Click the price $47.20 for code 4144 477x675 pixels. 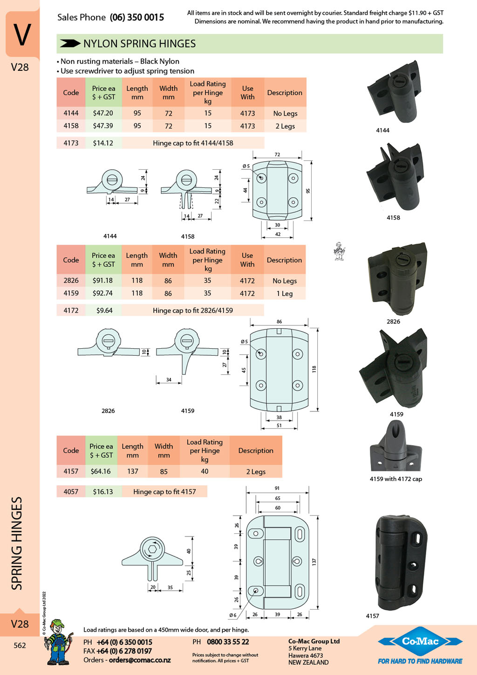pyautogui.click(x=103, y=113)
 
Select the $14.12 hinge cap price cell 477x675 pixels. pyautogui.click(x=103, y=143)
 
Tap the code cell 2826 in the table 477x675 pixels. pyautogui.click(x=71, y=280)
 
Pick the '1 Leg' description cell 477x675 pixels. pyautogui.click(x=285, y=293)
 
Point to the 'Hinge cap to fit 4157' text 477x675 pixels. pyautogui.click(x=164, y=491)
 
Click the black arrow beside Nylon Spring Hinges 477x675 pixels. pyautogui.click(x=70, y=43)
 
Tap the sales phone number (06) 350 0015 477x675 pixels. pyautogui.click(x=136, y=17)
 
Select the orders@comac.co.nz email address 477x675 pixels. pyautogui.click(x=140, y=660)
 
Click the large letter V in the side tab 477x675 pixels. pyautogui.click(x=22, y=34)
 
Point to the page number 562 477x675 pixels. pyautogui.click(x=20, y=645)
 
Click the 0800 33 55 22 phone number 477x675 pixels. pyautogui.click(x=228, y=642)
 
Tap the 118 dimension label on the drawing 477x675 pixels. pyautogui.click(x=314, y=369)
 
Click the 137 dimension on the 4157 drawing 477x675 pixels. pyautogui.click(x=314, y=561)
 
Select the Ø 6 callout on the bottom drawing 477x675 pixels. pyautogui.click(x=233, y=615)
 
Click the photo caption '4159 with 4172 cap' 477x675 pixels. pyautogui.click(x=395, y=479)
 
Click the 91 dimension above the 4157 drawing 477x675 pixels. pyautogui.click(x=277, y=488)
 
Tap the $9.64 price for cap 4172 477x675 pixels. pyautogui.click(x=104, y=310)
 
